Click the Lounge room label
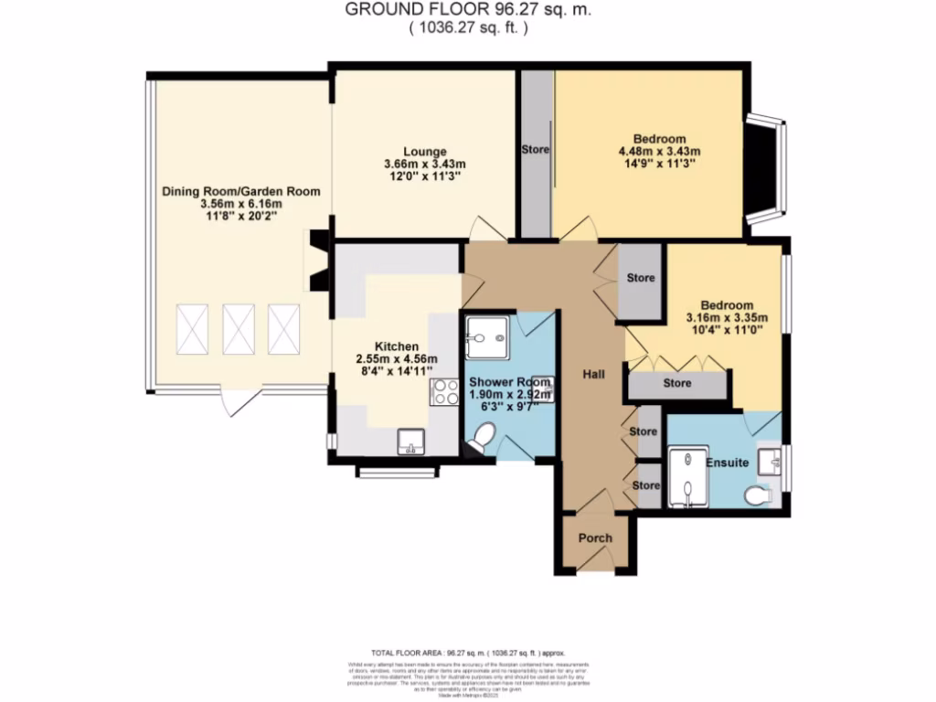(x=425, y=151)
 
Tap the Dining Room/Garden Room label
(x=241, y=191)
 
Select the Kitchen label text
(x=397, y=346)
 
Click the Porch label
(x=594, y=537)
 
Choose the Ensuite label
(x=727, y=463)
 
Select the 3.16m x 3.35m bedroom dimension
(x=727, y=318)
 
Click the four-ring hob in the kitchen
(x=444, y=392)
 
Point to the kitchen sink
(x=410, y=442)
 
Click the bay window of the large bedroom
(x=766, y=169)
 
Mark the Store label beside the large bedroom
(x=536, y=148)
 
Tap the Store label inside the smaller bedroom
(x=676, y=383)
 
